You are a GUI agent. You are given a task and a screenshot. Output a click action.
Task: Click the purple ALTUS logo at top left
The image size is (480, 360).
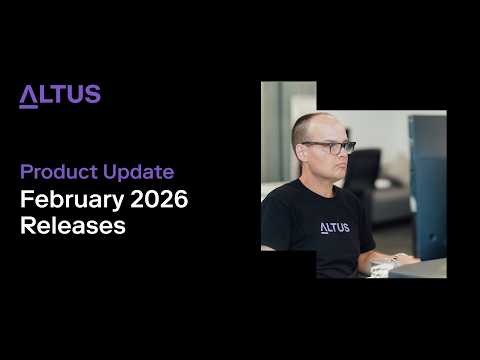[60, 96]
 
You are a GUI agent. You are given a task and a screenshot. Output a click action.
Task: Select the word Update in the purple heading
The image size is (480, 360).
[138, 172]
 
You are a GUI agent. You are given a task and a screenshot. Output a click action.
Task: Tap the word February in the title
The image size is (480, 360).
[70, 199]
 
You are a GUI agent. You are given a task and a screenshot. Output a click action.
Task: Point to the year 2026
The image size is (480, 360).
[157, 199]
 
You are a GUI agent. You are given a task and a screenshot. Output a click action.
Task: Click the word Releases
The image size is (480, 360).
[73, 226]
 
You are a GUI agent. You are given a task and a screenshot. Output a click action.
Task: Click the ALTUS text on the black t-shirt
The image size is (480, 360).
[334, 227]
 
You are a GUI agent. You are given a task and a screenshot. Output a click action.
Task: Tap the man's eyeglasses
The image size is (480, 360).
[330, 147]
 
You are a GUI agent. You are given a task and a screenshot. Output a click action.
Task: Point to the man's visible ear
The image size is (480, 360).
[297, 152]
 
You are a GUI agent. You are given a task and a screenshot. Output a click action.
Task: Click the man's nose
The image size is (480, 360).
[340, 157]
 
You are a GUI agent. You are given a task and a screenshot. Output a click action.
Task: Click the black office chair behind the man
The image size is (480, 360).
[364, 170]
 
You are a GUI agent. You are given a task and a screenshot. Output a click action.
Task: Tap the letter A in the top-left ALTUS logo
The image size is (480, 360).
[28, 96]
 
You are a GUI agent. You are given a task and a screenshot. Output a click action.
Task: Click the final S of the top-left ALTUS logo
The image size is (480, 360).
[93, 96]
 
